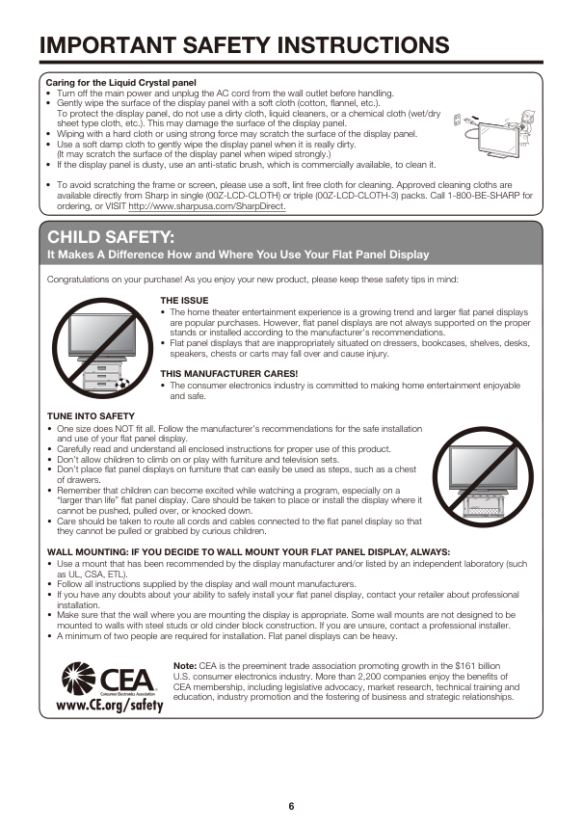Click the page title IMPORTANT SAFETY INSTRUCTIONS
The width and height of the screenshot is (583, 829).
[245, 45]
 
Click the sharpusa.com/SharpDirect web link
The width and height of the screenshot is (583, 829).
[206, 204]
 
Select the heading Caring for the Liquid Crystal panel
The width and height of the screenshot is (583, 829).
[121, 83]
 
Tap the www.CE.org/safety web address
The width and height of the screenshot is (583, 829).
[110, 704]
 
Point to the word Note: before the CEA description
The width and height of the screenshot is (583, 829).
[184, 665]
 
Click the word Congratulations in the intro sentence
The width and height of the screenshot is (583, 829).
[77, 279]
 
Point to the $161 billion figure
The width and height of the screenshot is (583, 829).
[475, 665]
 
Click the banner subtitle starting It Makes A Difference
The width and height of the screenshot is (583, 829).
[238, 254]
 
